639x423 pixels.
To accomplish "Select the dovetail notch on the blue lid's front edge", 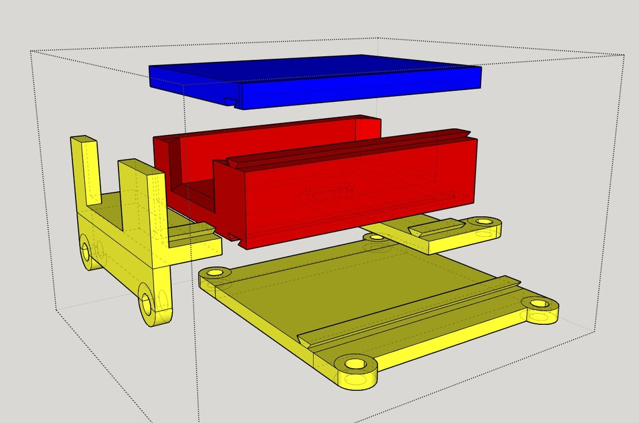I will tap(232, 101).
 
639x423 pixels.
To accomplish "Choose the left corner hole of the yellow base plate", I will tap(216, 273).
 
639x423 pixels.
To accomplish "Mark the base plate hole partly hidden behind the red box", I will tap(374, 237).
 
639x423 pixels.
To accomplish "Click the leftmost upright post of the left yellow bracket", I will tap(87, 169).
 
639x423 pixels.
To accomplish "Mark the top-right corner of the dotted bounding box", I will tap(625, 55).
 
